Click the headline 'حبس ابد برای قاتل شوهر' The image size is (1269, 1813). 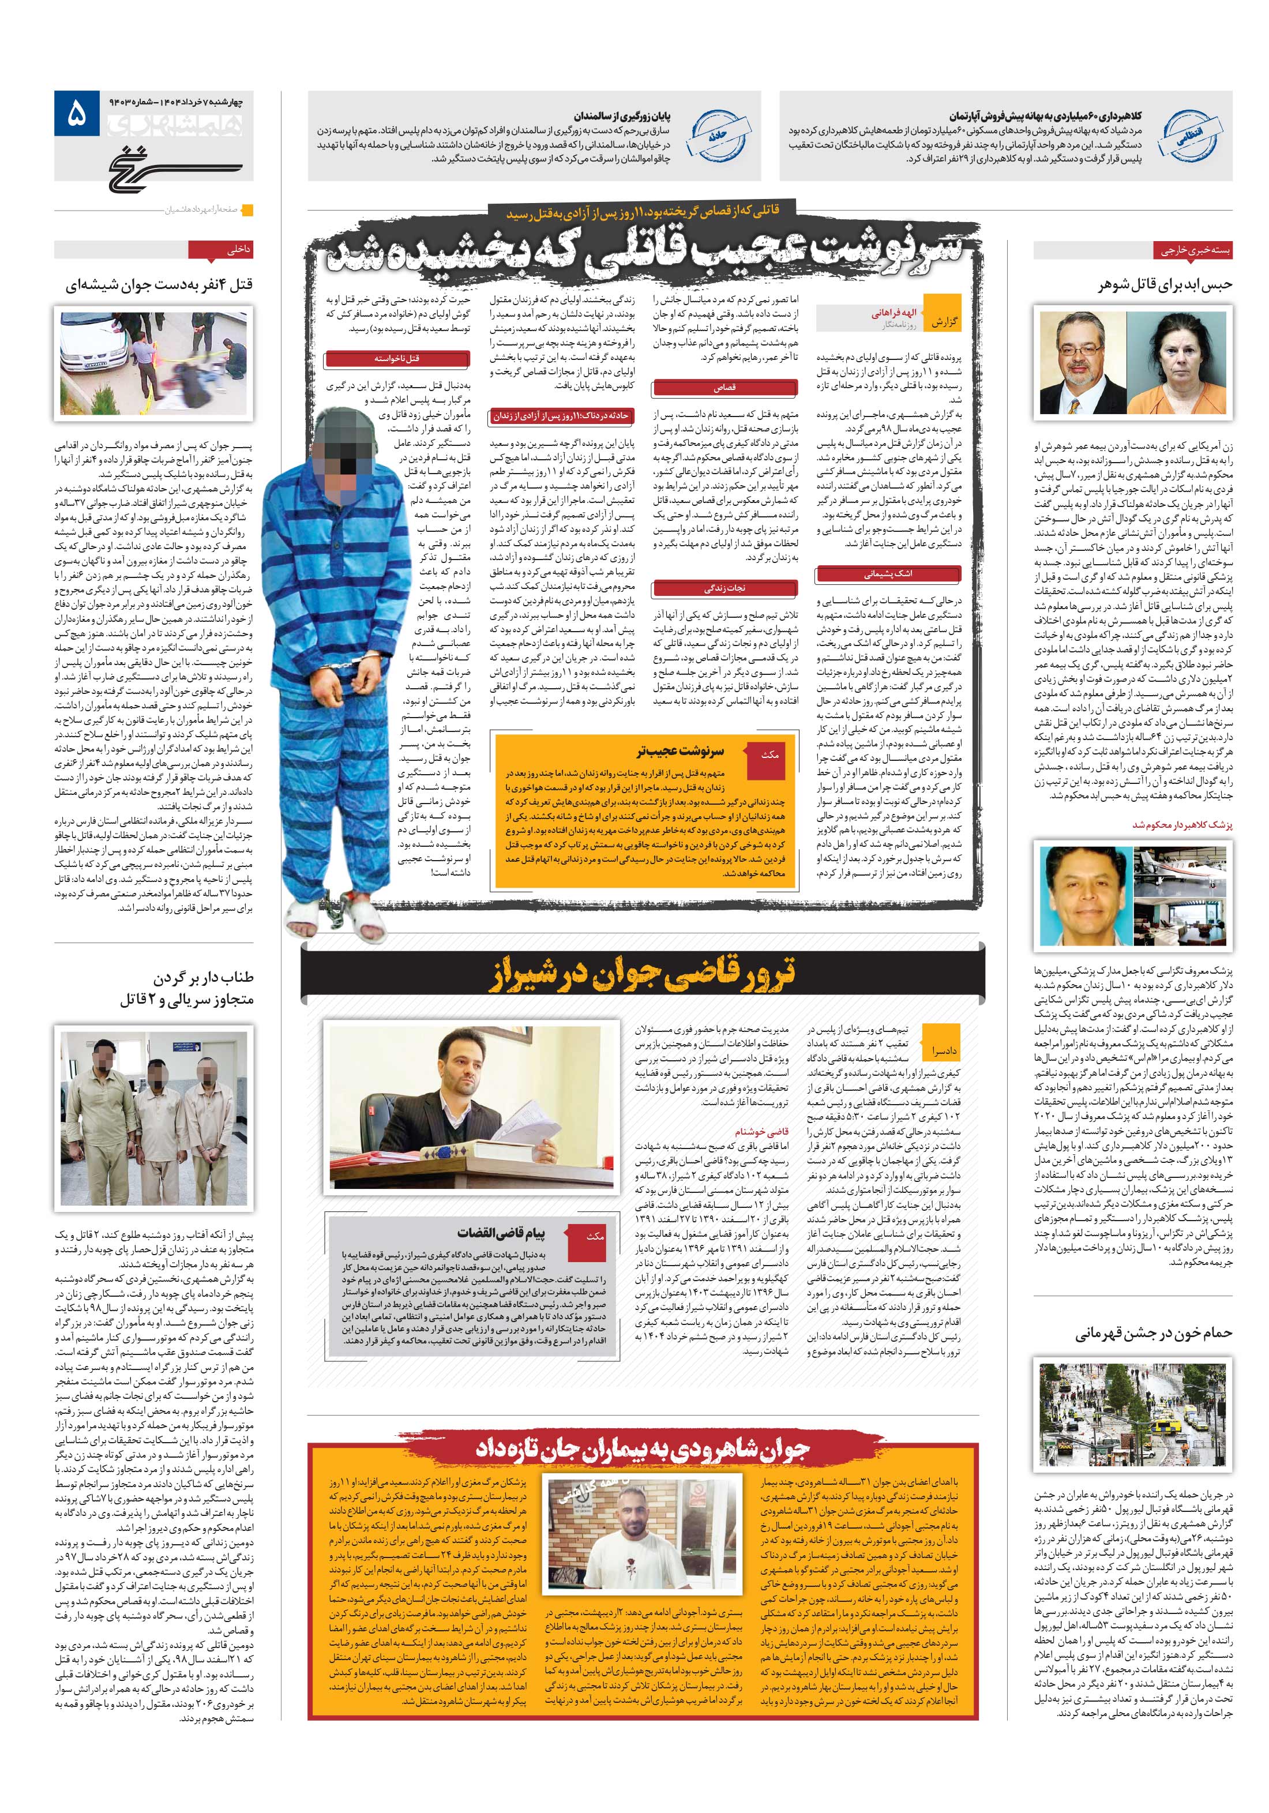(x=1164, y=284)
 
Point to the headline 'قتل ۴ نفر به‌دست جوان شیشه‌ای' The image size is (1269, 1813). (x=158, y=284)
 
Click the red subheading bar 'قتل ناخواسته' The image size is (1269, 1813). (x=397, y=358)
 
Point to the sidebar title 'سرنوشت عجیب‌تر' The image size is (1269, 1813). (x=680, y=750)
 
